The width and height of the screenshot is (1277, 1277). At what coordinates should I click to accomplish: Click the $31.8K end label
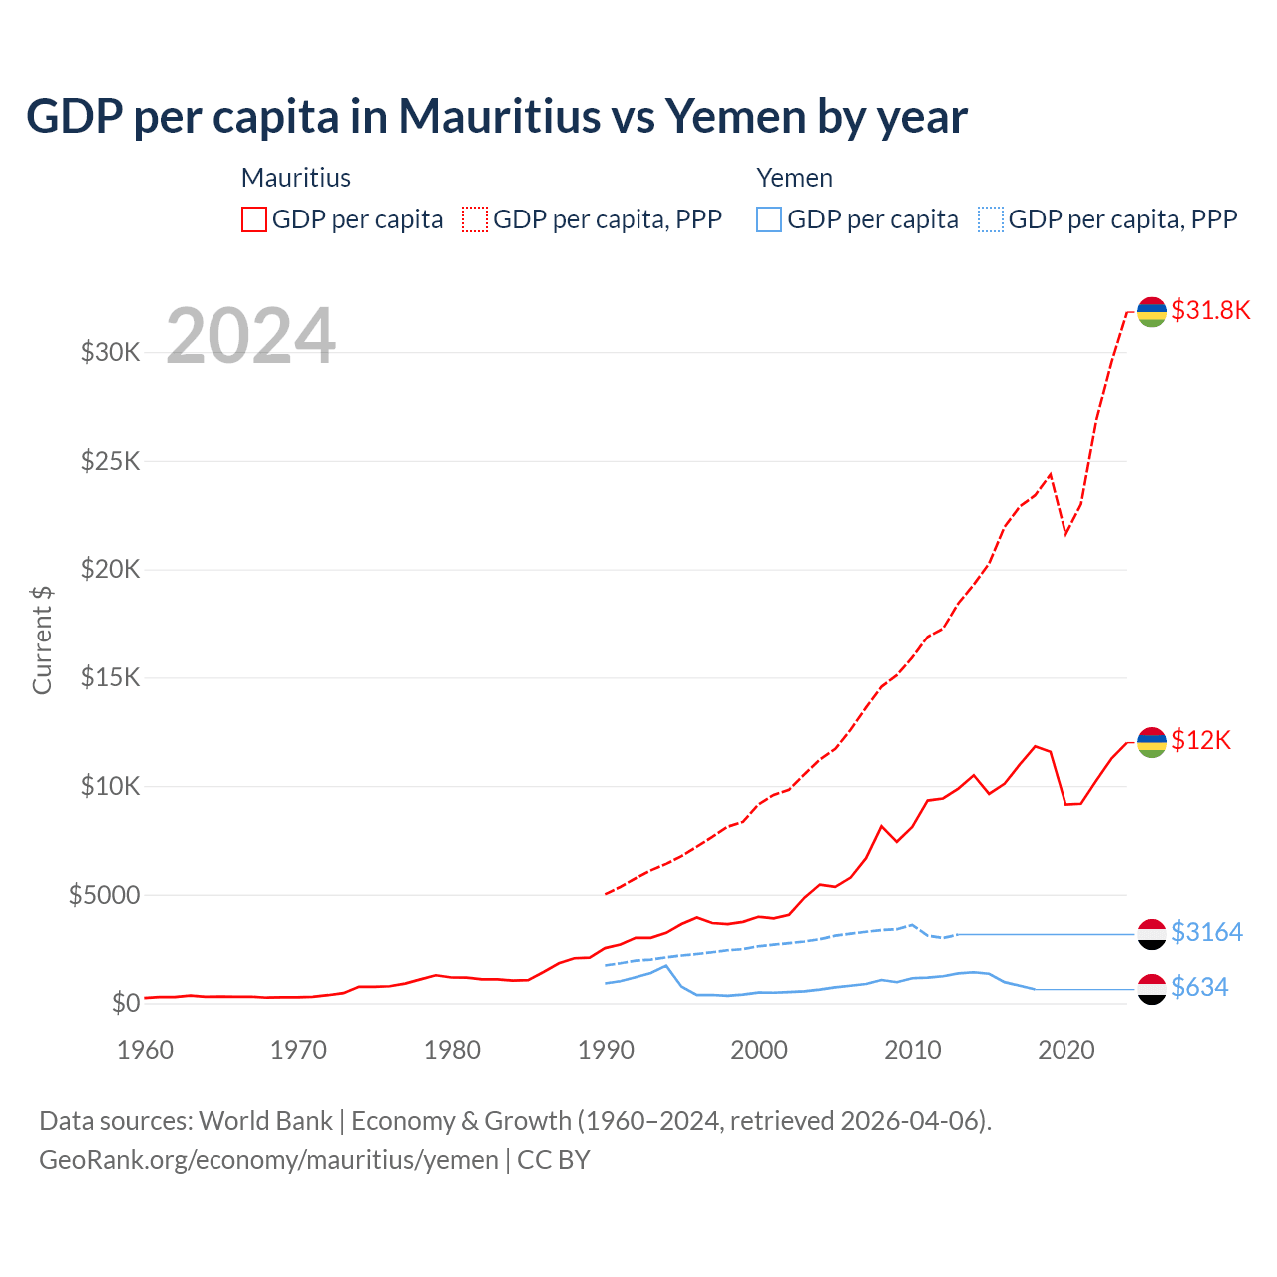click(x=1210, y=310)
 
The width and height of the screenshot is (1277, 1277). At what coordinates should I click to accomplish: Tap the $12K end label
click(x=1201, y=740)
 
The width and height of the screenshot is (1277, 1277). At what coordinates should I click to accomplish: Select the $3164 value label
click(x=1206, y=932)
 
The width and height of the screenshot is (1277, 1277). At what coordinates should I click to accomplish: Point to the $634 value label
click(x=1199, y=987)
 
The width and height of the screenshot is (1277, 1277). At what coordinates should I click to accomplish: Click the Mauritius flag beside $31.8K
click(x=1152, y=312)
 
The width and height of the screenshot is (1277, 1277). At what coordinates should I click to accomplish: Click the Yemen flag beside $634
click(x=1152, y=989)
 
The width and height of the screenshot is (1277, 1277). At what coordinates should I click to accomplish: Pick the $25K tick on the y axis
click(x=110, y=461)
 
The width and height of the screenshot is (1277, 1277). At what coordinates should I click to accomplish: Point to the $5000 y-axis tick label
click(x=104, y=895)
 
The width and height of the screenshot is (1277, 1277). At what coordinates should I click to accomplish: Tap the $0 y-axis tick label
click(x=125, y=1003)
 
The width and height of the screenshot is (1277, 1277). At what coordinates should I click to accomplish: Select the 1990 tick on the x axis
click(x=606, y=1050)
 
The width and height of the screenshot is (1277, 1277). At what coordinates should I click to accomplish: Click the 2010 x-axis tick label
click(x=913, y=1050)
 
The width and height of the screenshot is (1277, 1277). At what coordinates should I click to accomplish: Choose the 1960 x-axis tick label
click(x=146, y=1050)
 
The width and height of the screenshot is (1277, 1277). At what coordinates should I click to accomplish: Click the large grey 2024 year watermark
click(x=250, y=336)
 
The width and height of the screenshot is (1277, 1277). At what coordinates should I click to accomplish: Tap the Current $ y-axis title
click(x=42, y=639)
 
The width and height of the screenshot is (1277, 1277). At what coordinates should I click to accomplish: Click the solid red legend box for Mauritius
click(x=254, y=219)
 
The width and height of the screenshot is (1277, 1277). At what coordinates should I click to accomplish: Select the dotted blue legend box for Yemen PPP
click(x=991, y=219)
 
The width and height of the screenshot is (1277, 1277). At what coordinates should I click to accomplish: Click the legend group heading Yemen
click(x=794, y=178)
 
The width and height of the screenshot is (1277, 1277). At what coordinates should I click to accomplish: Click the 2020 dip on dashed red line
click(x=1066, y=533)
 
